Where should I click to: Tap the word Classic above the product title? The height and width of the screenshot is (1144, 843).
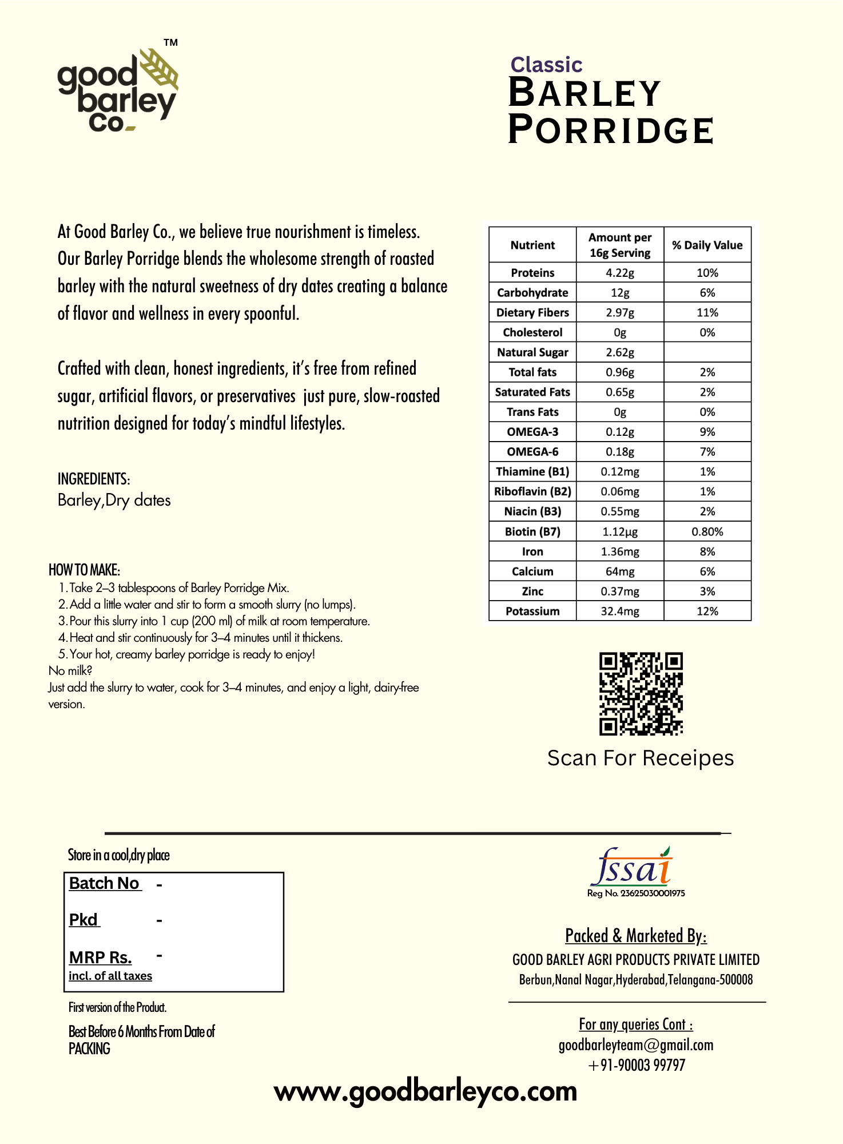[x=546, y=65]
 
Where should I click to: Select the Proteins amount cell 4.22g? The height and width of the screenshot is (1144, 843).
[x=620, y=273]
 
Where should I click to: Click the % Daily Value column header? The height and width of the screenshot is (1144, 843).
[x=707, y=245]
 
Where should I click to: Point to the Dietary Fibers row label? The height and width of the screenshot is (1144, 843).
[x=532, y=313]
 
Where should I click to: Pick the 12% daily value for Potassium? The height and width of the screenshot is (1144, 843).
[x=707, y=611]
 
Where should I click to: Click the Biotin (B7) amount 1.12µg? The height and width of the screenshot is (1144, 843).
[x=620, y=532]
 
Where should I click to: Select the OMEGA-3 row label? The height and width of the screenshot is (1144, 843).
[x=532, y=432]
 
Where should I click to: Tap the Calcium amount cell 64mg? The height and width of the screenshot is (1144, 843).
[x=620, y=571]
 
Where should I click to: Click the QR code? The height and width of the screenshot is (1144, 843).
[x=641, y=694]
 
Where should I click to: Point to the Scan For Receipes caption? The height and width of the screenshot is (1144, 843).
[x=640, y=758]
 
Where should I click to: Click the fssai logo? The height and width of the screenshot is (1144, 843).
[x=632, y=867]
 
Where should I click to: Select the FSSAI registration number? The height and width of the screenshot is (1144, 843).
[x=636, y=893]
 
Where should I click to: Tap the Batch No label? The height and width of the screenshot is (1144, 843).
[x=105, y=884]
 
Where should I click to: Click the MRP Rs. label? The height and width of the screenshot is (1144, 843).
[x=101, y=958]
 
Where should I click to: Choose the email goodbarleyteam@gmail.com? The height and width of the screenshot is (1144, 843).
[x=636, y=1046]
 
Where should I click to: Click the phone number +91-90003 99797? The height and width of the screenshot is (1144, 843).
[x=636, y=1066]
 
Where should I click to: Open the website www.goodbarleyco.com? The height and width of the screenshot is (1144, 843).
[x=426, y=1092]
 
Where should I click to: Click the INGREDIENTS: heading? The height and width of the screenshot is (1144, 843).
[x=94, y=479]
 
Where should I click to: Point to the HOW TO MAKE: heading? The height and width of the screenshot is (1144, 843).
[x=84, y=570]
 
